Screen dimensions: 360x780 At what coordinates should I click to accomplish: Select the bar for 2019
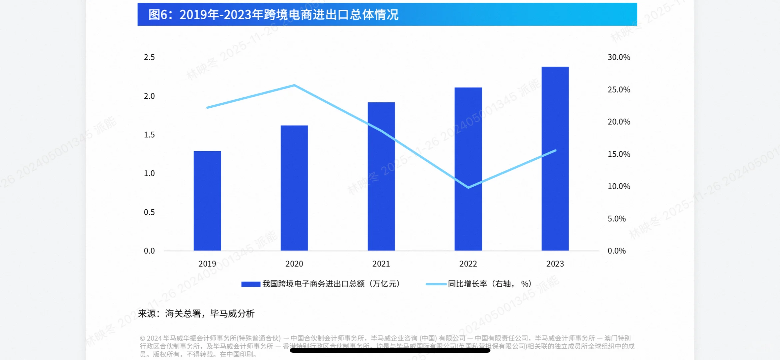pos(207,201)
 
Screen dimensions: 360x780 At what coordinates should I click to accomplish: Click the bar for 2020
pos(294,188)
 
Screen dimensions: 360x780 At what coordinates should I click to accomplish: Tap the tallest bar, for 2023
pos(555,159)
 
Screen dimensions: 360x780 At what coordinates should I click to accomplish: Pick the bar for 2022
pos(468,169)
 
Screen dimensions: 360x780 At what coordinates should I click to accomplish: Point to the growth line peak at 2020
pos(294,85)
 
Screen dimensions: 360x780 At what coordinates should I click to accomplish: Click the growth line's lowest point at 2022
pos(468,187)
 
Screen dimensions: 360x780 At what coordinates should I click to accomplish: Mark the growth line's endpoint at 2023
pos(555,151)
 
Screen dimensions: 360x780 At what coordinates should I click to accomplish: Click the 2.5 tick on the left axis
pos(149,57)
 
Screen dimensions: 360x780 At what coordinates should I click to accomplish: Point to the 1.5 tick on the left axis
pos(149,135)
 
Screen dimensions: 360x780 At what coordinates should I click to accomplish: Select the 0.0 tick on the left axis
pos(149,251)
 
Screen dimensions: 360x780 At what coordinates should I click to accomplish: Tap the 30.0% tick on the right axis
pos(619,57)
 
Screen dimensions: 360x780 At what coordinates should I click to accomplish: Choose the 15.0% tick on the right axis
pos(619,154)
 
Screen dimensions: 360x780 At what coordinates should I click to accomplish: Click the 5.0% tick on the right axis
pos(616,219)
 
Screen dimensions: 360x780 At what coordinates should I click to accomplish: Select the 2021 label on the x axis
pos(381,264)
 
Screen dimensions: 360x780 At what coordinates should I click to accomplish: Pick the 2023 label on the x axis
pos(555,264)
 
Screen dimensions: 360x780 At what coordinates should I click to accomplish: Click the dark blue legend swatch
pos(251,284)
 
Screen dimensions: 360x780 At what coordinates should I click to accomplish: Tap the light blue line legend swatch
pos(436,284)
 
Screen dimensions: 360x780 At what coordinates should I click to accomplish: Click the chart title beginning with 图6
pos(273,15)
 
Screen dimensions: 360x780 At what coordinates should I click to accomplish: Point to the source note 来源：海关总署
pos(196,314)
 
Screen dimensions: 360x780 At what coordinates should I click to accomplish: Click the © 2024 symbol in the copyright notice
pos(143,338)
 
